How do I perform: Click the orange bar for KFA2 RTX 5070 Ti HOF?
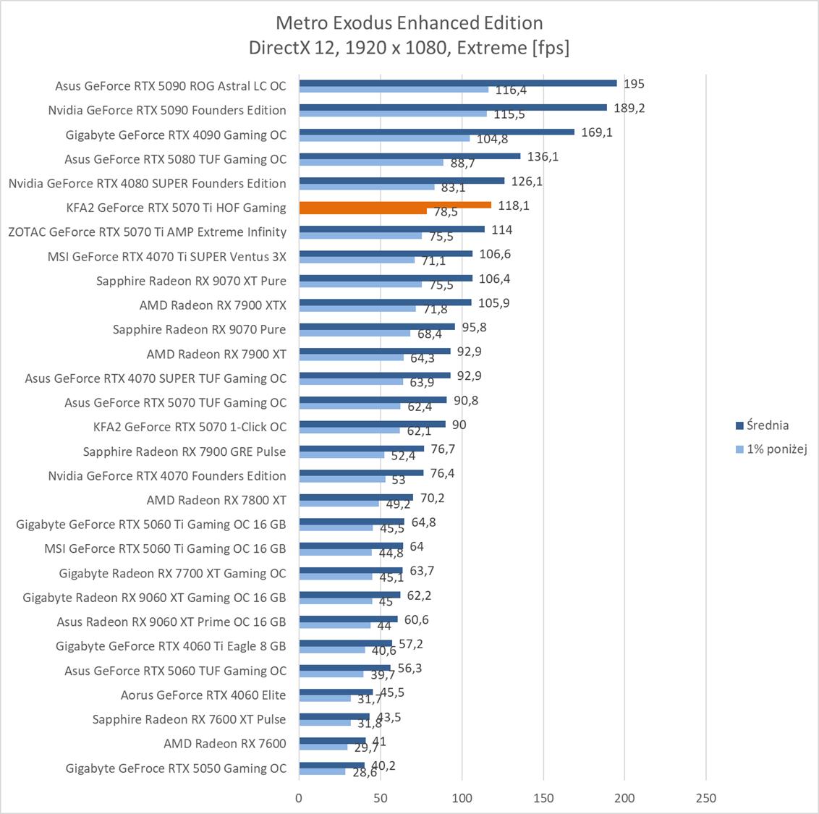pyautogui.click(x=395, y=205)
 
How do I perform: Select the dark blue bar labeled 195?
pyautogui.click(x=457, y=83)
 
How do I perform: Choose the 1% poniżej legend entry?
pyautogui.click(x=771, y=449)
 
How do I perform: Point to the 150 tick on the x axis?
pyautogui.click(x=543, y=798)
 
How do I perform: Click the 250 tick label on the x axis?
pyautogui.click(x=705, y=798)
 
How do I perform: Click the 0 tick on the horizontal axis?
pyautogui.click(x=299, y=798)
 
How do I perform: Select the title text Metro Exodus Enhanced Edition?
pyautogui.click(x=409, y=23)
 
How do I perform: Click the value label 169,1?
pyautogui.click(x=597, y=132)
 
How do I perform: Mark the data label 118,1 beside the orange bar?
pyautogui.click(x=514, y=205)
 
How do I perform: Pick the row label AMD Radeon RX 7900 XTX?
pyautogui.click(x=213, y=305)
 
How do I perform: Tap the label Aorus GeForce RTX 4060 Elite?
pyautogui.click(x=203, y=695)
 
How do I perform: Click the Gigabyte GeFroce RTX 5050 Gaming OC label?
pyautogui.click(x=176, y=768)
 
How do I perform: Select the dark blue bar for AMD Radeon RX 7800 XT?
pyautogui.click(x=356, y=497)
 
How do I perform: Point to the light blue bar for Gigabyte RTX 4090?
pyautogui.click(x=384, y=138)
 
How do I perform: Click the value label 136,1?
pyautogui.click(x=543, y=156)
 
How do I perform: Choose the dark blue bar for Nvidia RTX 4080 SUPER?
pyautogui.click(x=402, y=181)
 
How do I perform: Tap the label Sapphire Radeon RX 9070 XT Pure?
pyautogui.click(x=191, y=281)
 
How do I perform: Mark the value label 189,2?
pyautogui.click(x=629, y=108)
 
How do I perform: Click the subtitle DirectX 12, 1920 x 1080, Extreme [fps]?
pyautogui.click(x=409, y=48)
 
